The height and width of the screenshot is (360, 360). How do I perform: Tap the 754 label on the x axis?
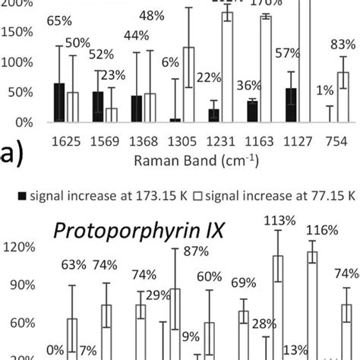pos(330,141)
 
